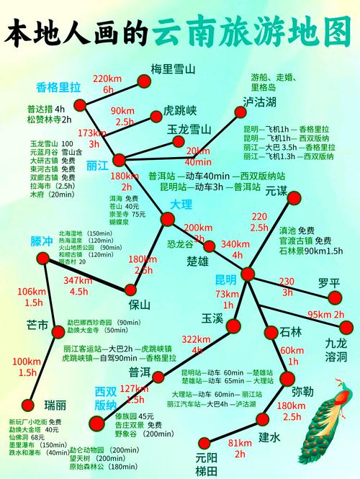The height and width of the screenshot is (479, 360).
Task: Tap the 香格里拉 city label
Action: pyautogui.click(x=58, y=87)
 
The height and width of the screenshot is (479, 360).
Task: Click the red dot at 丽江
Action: pyautogui.click(x=119, y=160)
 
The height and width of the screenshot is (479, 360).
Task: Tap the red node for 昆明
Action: pyautogui.click(x=248, y=274)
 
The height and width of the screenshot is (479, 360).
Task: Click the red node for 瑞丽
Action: pyautogui.click(x=29, y=405)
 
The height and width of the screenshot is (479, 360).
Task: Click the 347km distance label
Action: pyautogui.click(x=78, y=280)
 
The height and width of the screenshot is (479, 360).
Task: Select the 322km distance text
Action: pyautogui.click(x=196, y=339)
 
